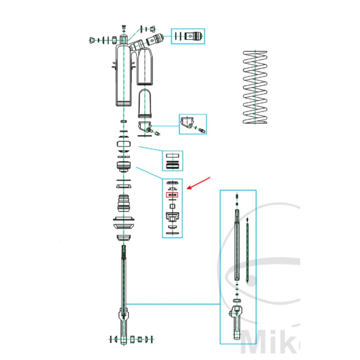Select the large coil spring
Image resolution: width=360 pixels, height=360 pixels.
[255, 87]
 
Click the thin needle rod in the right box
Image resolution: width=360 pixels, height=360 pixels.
[247, 252]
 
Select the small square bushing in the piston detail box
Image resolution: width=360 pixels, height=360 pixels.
[172, 206]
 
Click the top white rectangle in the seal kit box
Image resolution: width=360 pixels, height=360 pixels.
[172, 156]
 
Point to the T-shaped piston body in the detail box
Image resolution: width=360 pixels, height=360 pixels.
[172, 217]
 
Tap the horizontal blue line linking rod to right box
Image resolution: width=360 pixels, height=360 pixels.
[173, 304]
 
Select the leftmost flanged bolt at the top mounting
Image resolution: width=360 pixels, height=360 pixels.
[92, 40]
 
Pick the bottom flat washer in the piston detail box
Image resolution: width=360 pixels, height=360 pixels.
[172, 233]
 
